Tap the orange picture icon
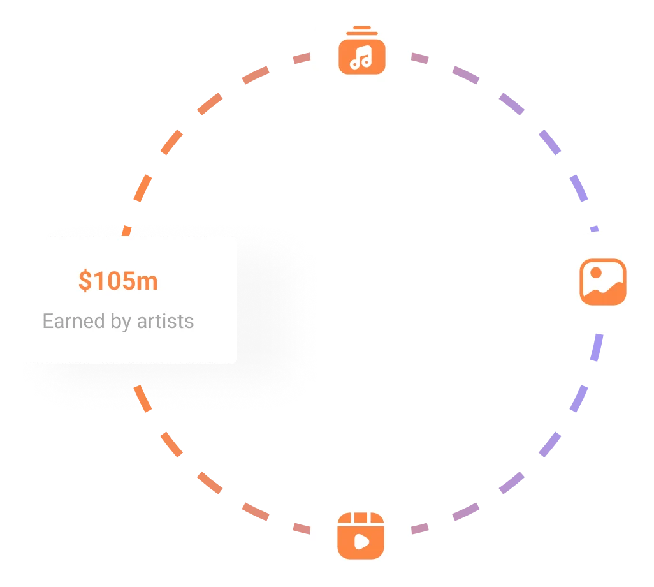[x=602, y=281]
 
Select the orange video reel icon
[x=361, y=534]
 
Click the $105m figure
[x=118, y=281]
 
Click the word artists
[x=165, y=321]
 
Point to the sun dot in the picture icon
[x=596, y=272]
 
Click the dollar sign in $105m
[x=84, y=281]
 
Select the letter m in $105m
[x=148, y=281]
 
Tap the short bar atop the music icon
[x=361, y=27]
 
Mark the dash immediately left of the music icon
[x=300, y=59]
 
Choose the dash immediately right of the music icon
[x=420, y=58]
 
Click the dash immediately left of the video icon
[x=300, y=529]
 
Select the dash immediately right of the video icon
[x=420, y=529]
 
